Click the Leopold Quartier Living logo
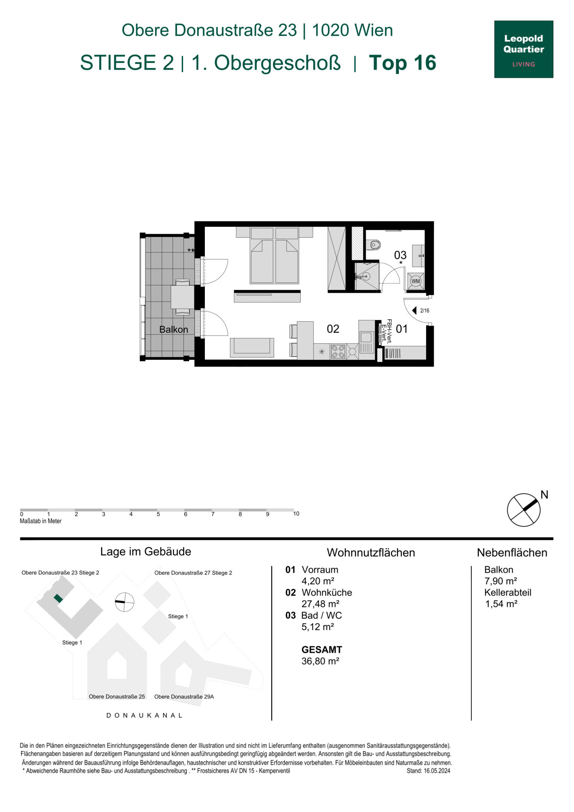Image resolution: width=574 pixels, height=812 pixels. (523, 49)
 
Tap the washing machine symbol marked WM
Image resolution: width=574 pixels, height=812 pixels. (415, 281)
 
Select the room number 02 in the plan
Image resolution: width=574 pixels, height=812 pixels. (333, 329)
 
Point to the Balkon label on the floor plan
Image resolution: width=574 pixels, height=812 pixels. (174, 329)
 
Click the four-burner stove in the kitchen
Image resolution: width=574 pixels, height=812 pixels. (338, 351)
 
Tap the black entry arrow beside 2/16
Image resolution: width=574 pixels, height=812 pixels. (414, 310)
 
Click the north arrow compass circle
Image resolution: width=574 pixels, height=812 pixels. (524, 510)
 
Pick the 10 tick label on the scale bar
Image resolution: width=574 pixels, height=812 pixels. (296, 514)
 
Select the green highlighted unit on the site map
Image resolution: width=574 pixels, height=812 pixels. (58, 598)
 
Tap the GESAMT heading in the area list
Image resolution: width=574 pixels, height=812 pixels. (322, 649)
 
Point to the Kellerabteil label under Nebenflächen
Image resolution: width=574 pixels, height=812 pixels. (507, 592)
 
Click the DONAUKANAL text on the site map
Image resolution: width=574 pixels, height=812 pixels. (145, 715)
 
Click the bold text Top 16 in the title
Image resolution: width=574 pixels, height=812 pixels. (403, 62)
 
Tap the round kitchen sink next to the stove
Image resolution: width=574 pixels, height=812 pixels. (353, 352)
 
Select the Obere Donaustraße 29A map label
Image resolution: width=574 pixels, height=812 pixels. (184, 697)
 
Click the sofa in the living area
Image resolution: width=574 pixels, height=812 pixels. (252, 347)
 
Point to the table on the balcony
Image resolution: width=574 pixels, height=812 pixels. (183, 297)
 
